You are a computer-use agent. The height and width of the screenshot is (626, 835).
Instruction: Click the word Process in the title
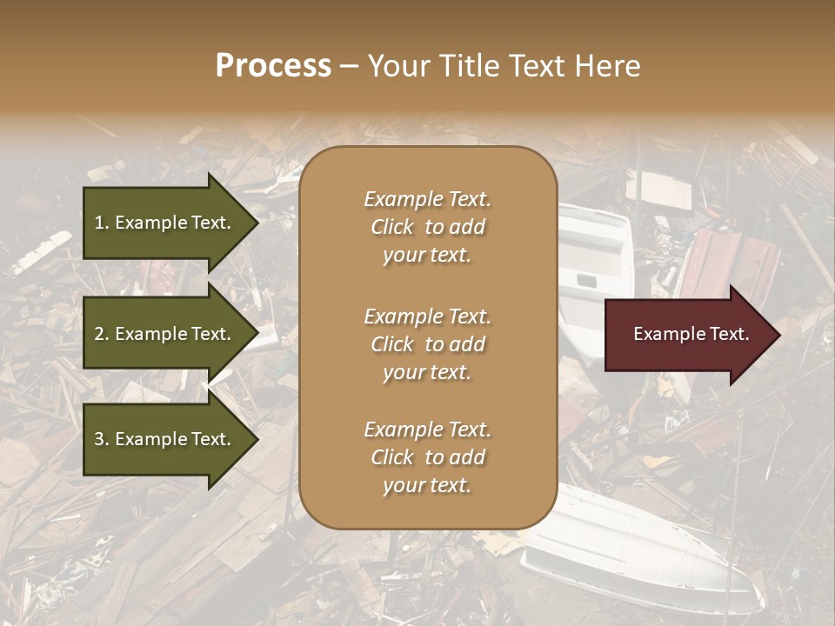click(x=273, y=66)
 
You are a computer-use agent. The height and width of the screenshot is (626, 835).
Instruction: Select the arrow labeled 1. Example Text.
click(x=165, y=223)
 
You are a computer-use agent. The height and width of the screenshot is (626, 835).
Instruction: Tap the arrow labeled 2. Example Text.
click(x=165, y=334)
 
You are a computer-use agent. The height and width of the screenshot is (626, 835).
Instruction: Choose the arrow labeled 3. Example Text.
click(x=165, y=439)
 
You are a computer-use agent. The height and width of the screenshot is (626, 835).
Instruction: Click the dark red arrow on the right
click(x=687, y=334)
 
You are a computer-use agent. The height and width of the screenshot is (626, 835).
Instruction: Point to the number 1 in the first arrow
click(x=99, y=223)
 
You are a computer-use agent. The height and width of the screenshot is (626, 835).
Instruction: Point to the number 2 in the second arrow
click(x=99, y=334)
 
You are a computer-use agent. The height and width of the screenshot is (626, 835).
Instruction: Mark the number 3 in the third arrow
click(x=99, y=439)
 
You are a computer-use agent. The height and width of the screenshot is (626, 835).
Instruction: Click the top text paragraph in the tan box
click(x=427, y=227)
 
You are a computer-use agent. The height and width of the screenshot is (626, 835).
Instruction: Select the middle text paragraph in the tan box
click(x=427, y=344)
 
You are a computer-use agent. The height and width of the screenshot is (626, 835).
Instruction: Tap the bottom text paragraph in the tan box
click(x=427, y=457)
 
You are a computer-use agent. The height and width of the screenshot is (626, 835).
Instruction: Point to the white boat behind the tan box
click(x=596, y=261)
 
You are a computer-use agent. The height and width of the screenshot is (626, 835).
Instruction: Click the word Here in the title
click(x=610, y=66)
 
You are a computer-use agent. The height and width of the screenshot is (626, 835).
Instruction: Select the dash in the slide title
click(x=349, y=67)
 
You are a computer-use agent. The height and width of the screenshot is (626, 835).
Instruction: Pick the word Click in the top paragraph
click(x=392, y=227)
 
